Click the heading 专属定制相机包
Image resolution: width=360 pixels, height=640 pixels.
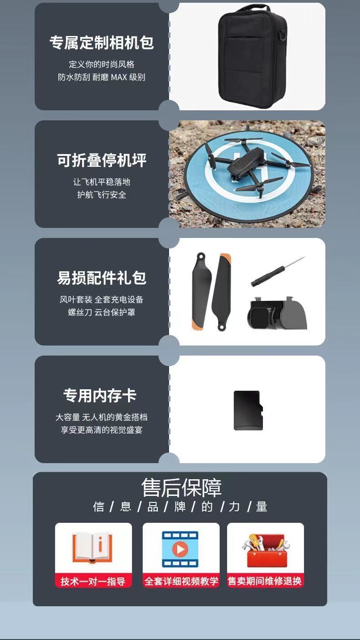pyautogui.click(x=102, y=43)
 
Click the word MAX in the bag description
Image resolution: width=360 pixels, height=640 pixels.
pyautogui.click(x=118, y=77)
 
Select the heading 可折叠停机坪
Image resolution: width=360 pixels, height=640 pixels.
pyautogui.click(x=102, y=160)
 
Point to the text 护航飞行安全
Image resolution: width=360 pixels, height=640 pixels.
pyautogui.click(x=102, y=195)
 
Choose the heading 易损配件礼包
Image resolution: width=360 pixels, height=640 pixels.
pyautogui.click(x=102, y=278)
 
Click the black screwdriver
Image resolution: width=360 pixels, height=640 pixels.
pyautogui.click(x=277, y=271)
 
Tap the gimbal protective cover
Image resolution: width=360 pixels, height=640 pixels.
pyautogui.click(x=277, y=314)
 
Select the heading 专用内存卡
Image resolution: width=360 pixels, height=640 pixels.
pyautogui.click(x=100, y=395)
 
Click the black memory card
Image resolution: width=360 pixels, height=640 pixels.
pyautogui.click(x=248, y=410)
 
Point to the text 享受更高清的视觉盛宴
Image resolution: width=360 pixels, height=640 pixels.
pyautogui.click(x=102, y=430)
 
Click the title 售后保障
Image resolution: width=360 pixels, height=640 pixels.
pyautogui.click(x=181, y=488)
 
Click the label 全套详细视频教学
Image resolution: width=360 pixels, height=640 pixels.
pyautogui.click(x=181, y=581)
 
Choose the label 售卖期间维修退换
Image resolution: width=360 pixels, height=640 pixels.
pyautogui.click(x=265, y=581)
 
